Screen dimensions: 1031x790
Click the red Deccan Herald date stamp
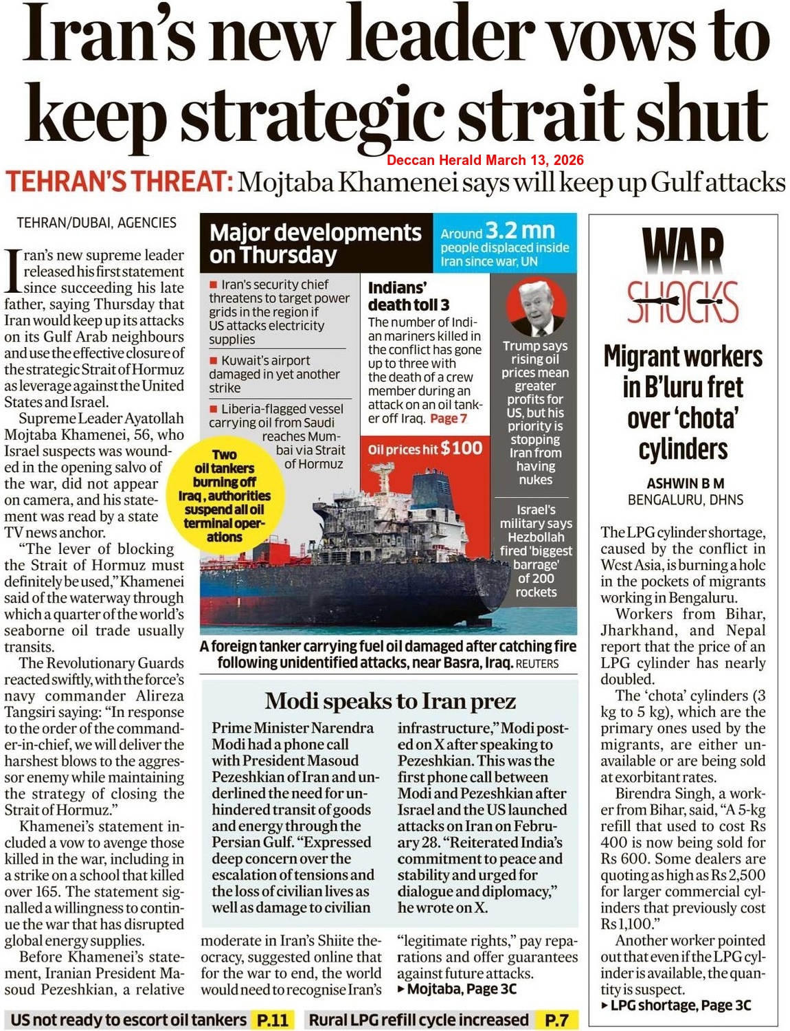485,160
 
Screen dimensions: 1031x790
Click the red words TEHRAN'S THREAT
118,182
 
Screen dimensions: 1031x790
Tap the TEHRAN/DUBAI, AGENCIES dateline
96,223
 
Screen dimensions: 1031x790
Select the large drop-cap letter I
13,270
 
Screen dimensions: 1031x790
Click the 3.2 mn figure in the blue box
519,230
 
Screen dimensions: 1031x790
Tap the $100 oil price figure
462,449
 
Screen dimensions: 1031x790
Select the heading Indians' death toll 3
408,296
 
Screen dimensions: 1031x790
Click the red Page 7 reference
449,419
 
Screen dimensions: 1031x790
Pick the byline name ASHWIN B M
685,483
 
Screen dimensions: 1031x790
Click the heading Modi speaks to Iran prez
390,701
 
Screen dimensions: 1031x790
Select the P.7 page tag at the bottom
556,1020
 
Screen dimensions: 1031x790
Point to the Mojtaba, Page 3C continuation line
457,989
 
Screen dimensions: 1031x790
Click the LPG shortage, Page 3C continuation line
676,1006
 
